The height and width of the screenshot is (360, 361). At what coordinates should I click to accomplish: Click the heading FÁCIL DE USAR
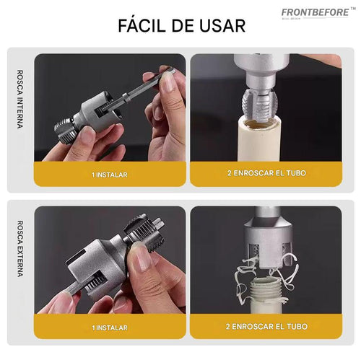point(180,25)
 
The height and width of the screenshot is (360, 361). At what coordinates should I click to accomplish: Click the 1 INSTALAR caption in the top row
point(110,174)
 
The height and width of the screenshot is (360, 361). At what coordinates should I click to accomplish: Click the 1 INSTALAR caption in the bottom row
point(110,327)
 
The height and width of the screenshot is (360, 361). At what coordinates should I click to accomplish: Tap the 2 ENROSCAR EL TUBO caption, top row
point(265,174)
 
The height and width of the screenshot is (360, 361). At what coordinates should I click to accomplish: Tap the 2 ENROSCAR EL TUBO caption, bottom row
point(265,327)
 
